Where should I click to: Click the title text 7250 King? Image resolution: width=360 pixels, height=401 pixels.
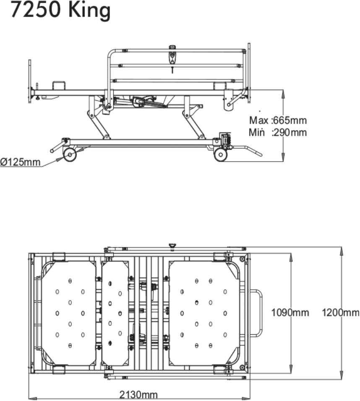[60, 11]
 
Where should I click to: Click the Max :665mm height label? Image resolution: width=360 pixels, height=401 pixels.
[278, 121]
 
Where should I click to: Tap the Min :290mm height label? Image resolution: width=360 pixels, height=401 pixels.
[278, 133]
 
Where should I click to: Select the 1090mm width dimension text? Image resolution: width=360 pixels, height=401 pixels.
[290, 312]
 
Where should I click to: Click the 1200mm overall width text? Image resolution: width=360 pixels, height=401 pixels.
[340, 312]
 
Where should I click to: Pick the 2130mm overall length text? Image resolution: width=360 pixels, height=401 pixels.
[138, 394]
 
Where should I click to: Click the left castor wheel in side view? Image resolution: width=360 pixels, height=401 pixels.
[70, 155]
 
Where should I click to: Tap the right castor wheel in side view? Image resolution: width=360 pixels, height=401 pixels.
[220, 155]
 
